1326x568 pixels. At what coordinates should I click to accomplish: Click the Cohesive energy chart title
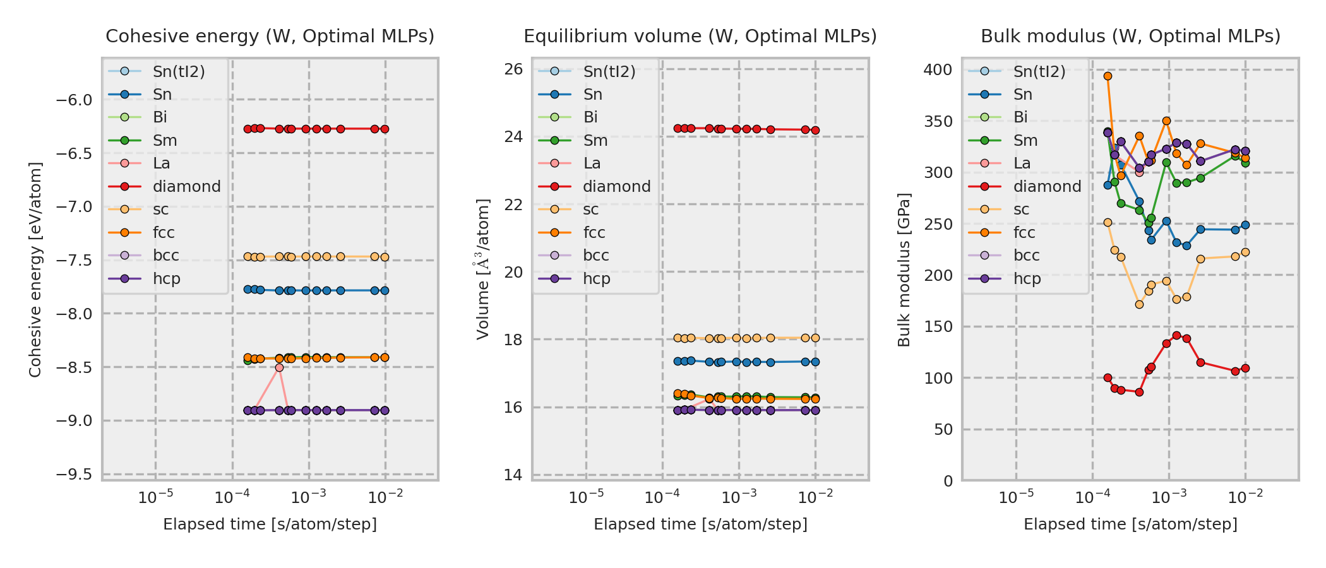pyautogui.click(x=270, y=37)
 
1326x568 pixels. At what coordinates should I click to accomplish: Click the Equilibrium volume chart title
pyautogui.click(x=700, y=37)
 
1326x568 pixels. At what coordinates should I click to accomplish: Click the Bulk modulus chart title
pyautogui.click(x=1130, y=37)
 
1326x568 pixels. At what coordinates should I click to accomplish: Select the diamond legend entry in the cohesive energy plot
pyautogui.click(x=186, y=187)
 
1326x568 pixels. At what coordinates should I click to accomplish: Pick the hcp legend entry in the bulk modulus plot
pyautogui.click(x=1027, y=279)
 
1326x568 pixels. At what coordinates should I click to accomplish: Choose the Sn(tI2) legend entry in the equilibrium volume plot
pyautogui.click(x=609, y=72)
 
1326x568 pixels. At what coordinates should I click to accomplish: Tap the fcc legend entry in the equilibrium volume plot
pyautogui.click(x=594, y=233)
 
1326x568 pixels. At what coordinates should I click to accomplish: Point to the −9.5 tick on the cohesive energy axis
pyautogui.click(x=74, y=475)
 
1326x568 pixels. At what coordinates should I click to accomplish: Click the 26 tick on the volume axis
pyautogui.click(x=514, y=69)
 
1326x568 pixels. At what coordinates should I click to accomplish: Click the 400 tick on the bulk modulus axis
pyautogui.click(x=938, y=69)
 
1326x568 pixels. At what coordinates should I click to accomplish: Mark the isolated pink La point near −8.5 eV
pyautogui.click(x=279, y=367)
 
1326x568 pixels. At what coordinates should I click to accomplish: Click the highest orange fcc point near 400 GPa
pyautogui.click(x=1108, y=76)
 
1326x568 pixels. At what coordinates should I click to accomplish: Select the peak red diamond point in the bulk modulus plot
pyautogui.click(x=1176, y=336)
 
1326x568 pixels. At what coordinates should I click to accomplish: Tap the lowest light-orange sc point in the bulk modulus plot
pyautogui.click(x=1139, y=304)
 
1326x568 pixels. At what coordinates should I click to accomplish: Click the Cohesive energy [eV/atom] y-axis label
pyautogui.click(x=35, y=269)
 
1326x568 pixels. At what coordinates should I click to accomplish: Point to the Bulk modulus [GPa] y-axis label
pyautogui.click(x=904, y=269)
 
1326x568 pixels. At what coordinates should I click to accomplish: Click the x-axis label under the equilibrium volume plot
pyautogui.click(x=700, y=524)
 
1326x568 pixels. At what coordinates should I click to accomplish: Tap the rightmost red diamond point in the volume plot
pyautogui.click(x=815, y=131)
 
